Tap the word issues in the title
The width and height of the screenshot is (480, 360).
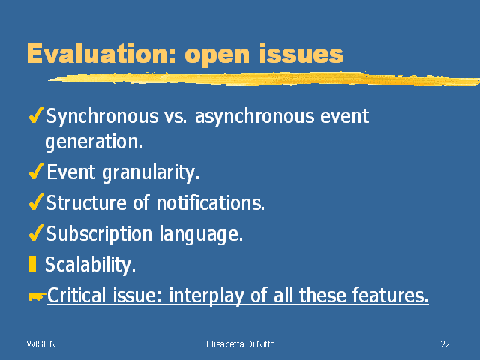(301, 53)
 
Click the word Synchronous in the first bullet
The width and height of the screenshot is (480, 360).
(103, 117)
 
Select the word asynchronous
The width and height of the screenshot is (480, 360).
(255, 117)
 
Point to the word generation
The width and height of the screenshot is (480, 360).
(94, 142)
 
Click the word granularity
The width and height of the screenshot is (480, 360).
(151, 172)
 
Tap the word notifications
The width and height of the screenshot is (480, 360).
(211, 202)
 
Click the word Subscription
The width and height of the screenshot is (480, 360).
(99, 234)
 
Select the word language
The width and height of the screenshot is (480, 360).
(201, 234)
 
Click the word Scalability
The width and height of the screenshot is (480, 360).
(90, 265)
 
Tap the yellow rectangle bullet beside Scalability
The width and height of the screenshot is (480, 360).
(32, 264)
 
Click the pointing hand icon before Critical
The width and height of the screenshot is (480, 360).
(37, 295)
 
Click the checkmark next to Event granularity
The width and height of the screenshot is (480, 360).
(37, 171)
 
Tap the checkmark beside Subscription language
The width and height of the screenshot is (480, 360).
(37, 232)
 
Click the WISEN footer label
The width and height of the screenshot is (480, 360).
(41, 344)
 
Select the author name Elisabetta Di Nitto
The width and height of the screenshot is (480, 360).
(241, 344)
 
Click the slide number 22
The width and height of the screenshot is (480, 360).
(445, 344)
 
